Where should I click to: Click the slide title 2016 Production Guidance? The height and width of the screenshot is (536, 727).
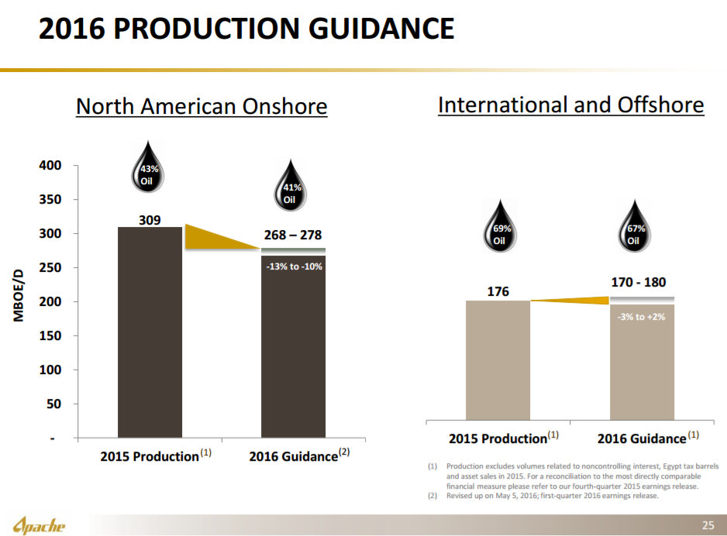(246, 30)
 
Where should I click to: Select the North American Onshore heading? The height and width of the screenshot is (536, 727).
(202, 106)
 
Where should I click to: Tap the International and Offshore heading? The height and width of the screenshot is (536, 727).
(570, 105)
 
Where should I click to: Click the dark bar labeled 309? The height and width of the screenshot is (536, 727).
(150, 333)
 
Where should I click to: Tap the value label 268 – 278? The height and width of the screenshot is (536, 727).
(293, 235)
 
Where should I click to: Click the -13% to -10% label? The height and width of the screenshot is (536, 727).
(294, 266)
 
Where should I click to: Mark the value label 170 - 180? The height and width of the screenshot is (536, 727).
(639, 283)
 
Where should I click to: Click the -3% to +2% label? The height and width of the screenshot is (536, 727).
(641, 317)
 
